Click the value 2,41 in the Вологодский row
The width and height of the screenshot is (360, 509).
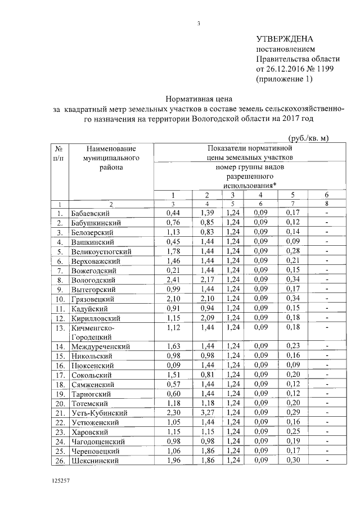172,280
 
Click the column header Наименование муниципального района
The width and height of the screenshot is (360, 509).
111,157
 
